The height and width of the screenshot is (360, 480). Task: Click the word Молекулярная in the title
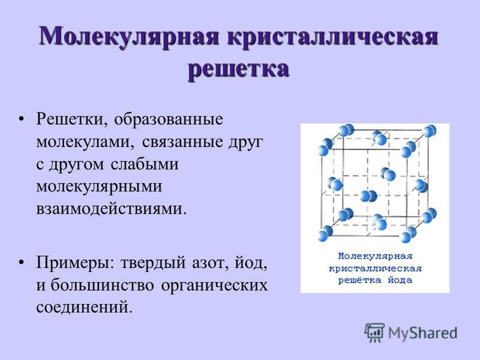point(129,37)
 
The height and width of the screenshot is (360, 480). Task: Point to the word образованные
point(169,119)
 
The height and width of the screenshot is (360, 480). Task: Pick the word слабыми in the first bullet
point(145,164)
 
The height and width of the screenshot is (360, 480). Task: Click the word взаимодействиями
point(111,209)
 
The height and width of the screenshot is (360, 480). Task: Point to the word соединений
point(85,307)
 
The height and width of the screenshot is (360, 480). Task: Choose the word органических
point(214,286)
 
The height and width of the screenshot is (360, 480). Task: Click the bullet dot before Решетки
point(21,119)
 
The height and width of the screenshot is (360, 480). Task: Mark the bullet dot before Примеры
point(21,263)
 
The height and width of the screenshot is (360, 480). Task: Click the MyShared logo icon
point(374,332)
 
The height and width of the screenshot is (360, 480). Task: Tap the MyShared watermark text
point(423,333)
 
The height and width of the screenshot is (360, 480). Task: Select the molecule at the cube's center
point(368,196)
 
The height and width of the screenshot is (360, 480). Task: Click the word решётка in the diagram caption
point(359,280)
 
